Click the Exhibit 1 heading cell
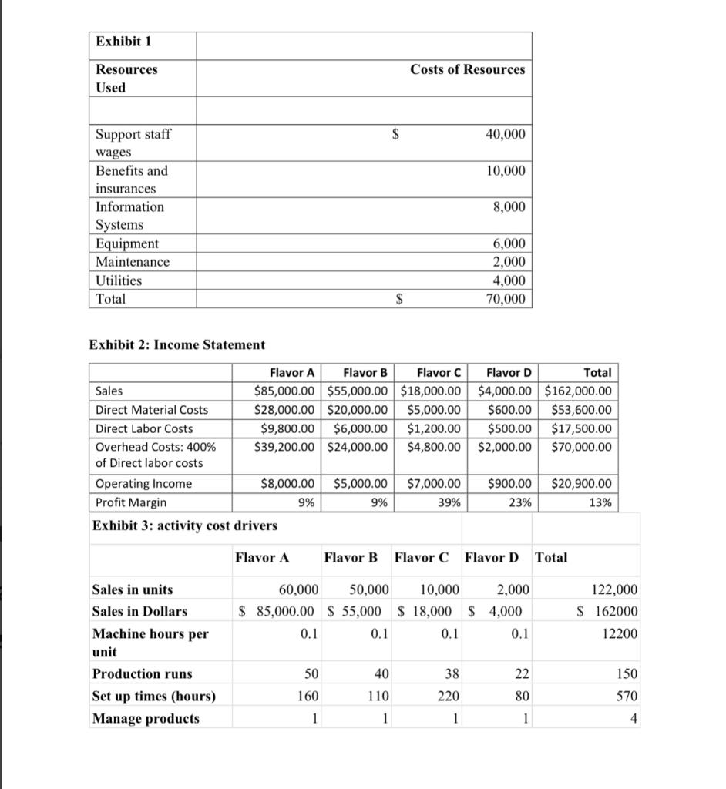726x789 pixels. coord(123,42)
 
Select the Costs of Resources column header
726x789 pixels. coord(467,69)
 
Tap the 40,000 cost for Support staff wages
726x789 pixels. coord(505,134)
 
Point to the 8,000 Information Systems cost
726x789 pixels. coord(509,206)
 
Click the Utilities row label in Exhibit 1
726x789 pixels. coord(119,280)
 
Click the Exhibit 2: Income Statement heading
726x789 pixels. coord(177,344)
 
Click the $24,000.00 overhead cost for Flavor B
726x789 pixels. coord(357,447)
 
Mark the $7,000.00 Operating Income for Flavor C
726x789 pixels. coord(433,484)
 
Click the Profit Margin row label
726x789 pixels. coord(131,502)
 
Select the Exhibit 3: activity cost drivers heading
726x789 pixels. coord(185,525)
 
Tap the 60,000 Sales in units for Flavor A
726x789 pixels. coord(297,590)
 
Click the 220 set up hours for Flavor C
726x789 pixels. coord(448,697)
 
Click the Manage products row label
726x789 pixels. coord(146,719)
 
